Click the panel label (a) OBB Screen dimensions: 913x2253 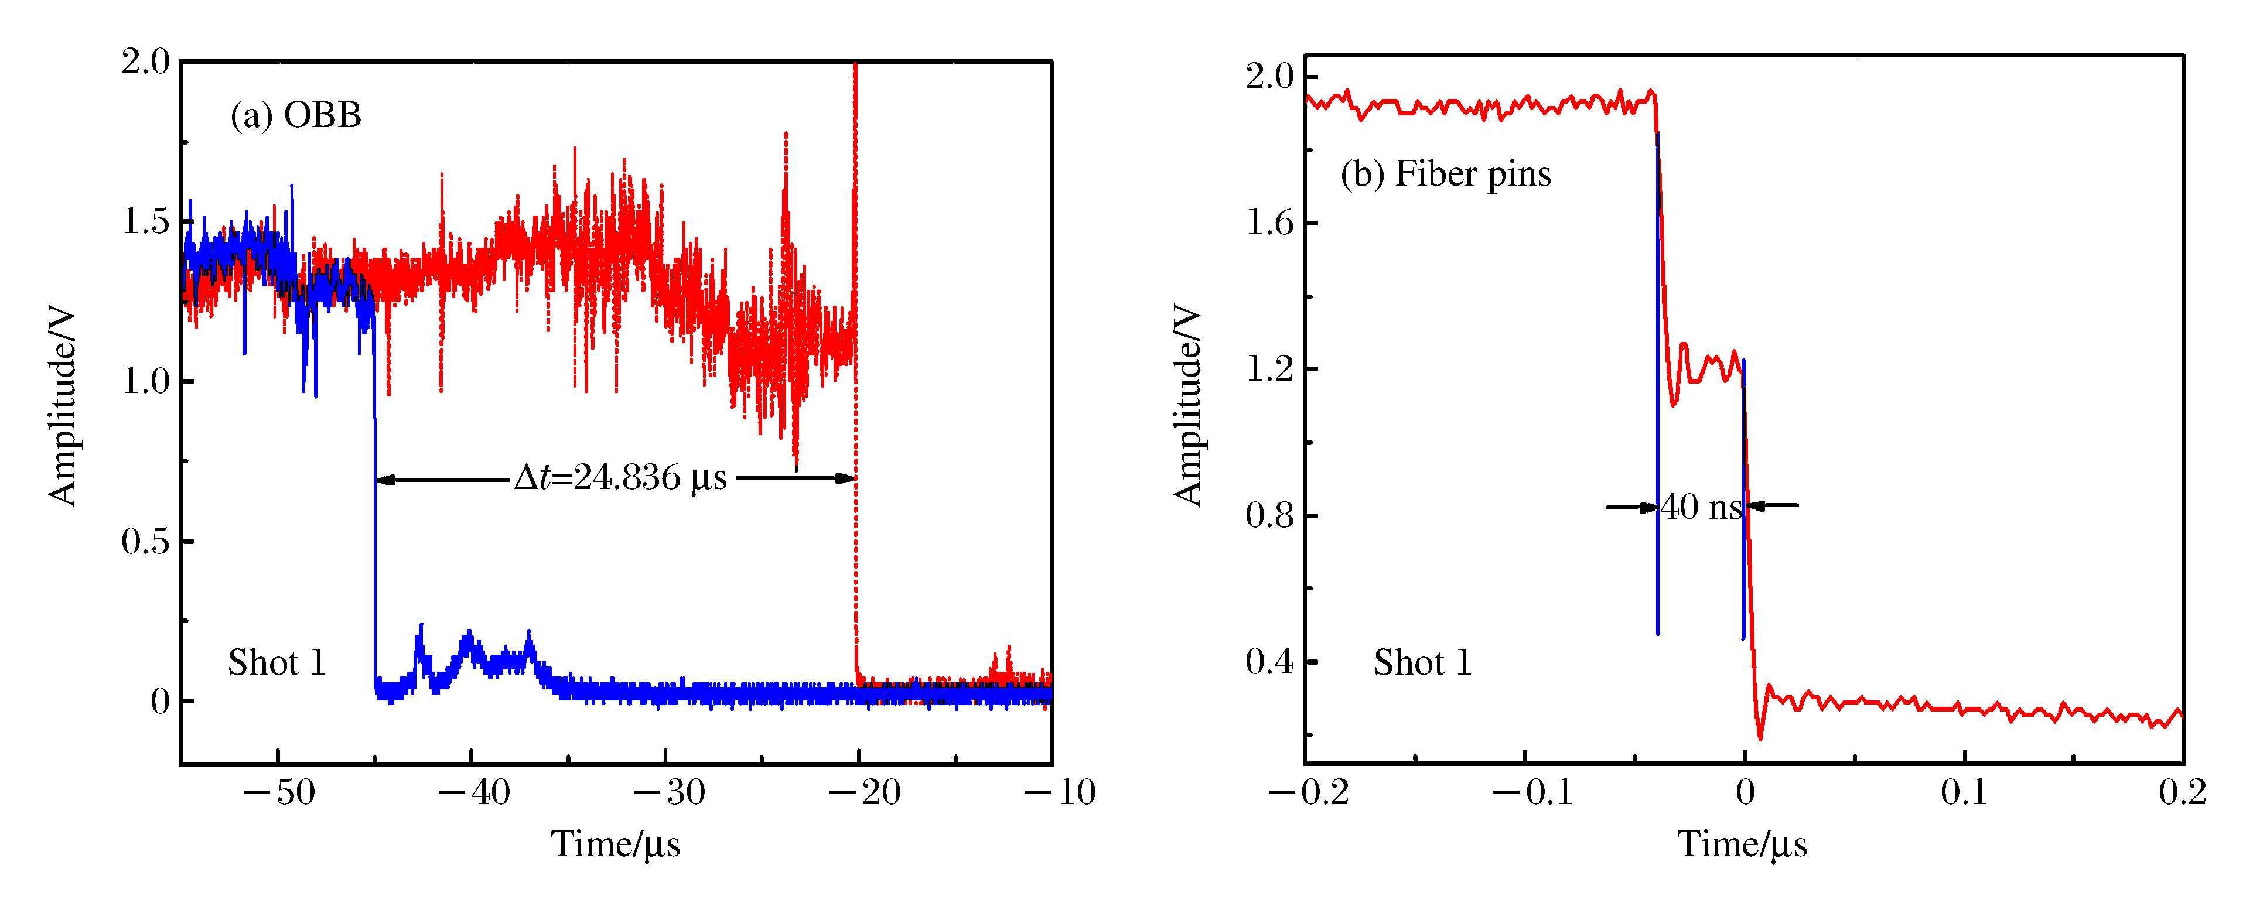point(296,115)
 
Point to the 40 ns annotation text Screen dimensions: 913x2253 point(1701,507)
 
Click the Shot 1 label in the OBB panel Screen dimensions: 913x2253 point(276,663)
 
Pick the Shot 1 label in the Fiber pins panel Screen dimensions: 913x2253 point(1422,663)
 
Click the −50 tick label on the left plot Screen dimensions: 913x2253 point(278,792)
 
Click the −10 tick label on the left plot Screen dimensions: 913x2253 point(1059,792)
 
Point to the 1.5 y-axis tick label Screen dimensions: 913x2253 point(145,221)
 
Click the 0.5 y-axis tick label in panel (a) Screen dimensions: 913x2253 point(145,541)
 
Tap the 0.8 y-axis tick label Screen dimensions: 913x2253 point(1269,515)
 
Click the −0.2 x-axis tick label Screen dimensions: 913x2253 point(1309,792)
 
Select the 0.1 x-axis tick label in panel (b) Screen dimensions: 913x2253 point(1964,792)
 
